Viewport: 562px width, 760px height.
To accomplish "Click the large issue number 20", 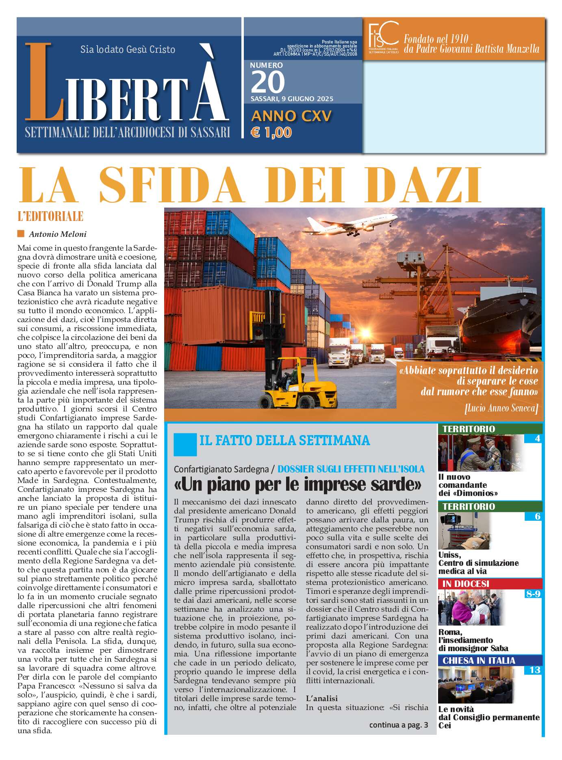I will coord(268,82).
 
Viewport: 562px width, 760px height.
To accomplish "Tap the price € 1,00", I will coord(271,132).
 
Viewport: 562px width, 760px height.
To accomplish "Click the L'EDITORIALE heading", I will coord(50,216).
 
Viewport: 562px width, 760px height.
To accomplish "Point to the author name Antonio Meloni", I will coord(58,234).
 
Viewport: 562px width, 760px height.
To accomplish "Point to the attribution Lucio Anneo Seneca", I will coord(501,408).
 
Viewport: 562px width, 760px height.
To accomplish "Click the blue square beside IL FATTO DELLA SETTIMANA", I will coord(185,444).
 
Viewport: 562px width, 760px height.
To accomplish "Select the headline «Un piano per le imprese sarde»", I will coord(297,484).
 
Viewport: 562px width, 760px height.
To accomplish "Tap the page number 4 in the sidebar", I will coord(537,438).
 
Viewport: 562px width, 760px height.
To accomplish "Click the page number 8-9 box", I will coord(533,593).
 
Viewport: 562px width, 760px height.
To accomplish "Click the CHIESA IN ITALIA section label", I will coord(478,660).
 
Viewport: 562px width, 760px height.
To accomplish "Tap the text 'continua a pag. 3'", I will coord(398,725).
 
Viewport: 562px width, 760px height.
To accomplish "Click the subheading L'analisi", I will coord(321,698).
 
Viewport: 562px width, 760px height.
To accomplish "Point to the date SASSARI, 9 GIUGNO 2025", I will coord(292,99).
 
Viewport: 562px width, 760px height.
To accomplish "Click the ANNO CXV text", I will coord(291,116).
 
